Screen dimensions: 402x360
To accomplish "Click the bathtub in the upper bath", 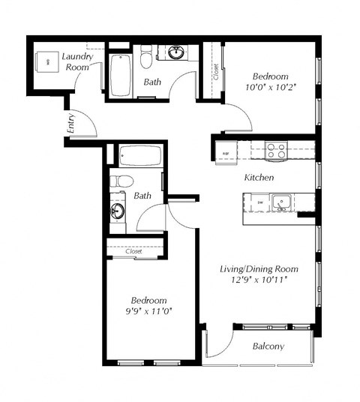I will point(121,75).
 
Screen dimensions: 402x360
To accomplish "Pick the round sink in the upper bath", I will point(177,52).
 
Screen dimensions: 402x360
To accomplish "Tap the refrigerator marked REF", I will point(226,152).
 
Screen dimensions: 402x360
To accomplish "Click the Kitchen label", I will point(259,178).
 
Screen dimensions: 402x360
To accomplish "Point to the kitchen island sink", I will point(281,201).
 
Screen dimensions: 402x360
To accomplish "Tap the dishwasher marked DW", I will point(259,202).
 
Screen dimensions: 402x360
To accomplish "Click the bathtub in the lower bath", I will point(139,157).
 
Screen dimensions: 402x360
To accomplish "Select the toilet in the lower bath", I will point(121,181).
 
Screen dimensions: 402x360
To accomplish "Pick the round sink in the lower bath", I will point(118,210).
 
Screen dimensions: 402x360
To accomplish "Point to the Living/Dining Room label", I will point(259,268).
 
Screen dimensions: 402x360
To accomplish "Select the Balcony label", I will point(268,346).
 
